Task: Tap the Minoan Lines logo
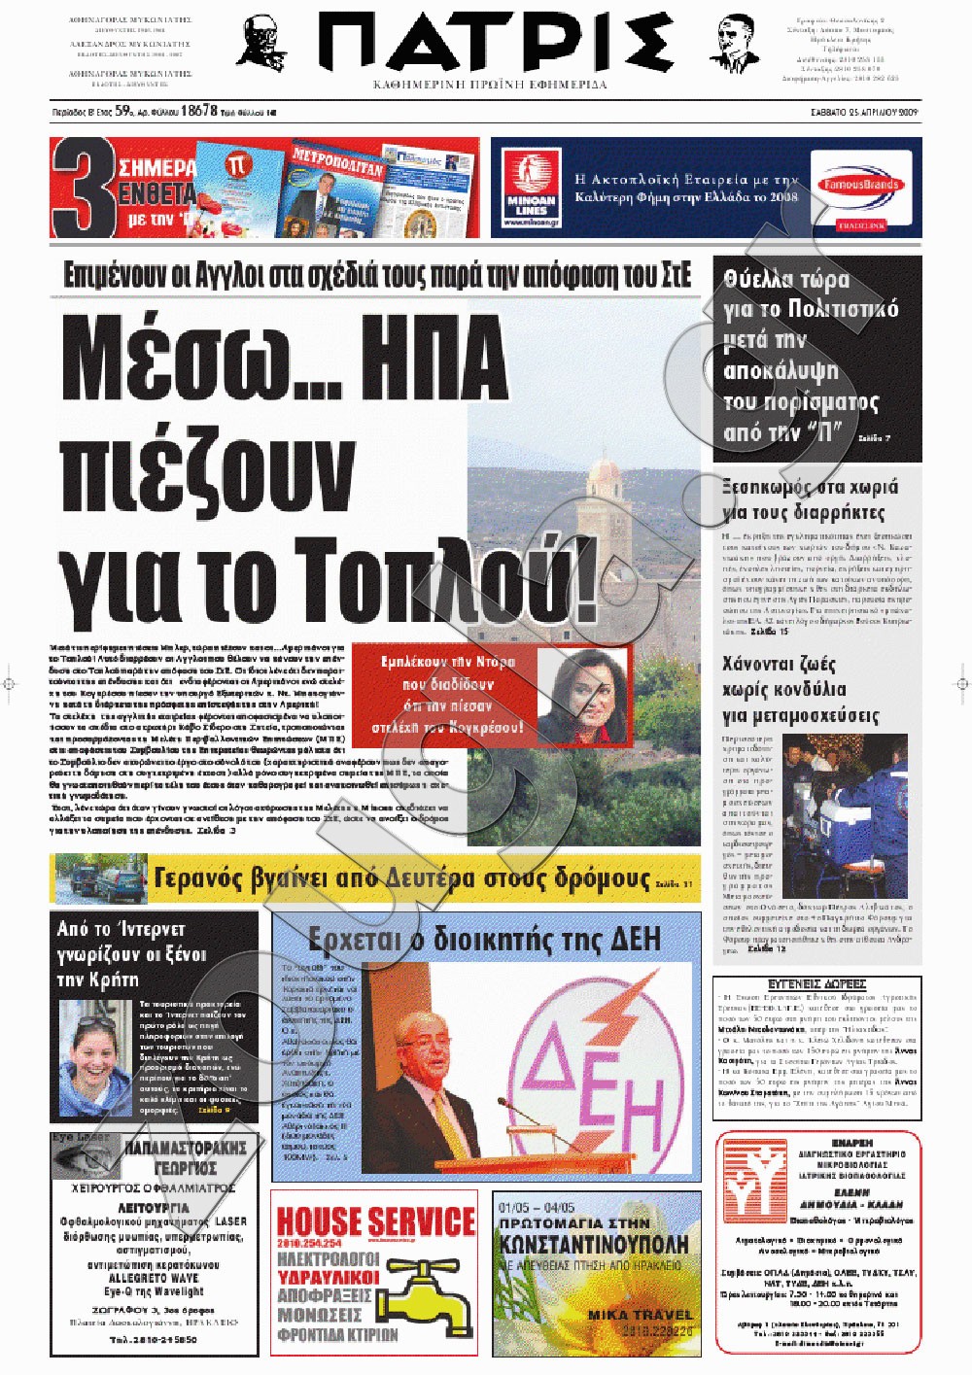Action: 531,187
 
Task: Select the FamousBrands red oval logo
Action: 860,185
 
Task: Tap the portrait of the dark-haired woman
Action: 582,692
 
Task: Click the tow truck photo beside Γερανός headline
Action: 100,878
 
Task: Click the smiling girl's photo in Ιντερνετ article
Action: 95,1059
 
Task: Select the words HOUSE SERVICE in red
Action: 375,1221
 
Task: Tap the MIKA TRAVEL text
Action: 640,1315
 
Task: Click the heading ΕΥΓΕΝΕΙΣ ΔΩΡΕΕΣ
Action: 816,984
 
